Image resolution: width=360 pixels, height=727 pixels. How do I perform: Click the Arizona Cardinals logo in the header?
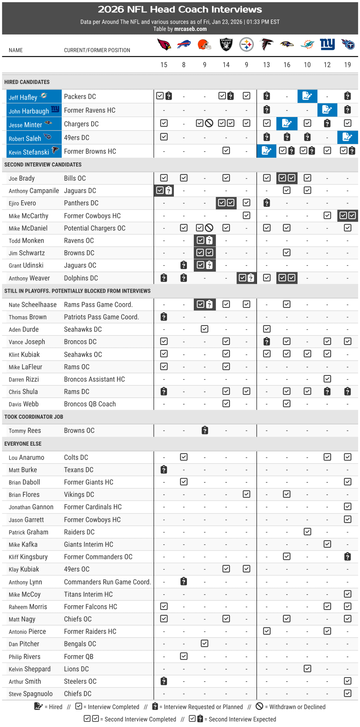(x=164, y=45)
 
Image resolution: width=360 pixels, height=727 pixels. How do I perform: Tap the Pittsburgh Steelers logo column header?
(x=247, y=45)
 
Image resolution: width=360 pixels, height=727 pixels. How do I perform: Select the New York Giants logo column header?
(x=327, y=44)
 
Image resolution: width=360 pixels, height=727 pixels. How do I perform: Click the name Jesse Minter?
(x=25, y=125)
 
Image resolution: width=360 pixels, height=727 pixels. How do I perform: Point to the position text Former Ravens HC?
(x=89, y=110)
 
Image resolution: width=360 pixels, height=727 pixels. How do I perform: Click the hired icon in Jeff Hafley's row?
(x=307, y=96)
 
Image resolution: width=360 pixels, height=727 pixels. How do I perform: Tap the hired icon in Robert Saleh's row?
(x=347, y=137)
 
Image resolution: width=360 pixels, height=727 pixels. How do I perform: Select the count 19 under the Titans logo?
(x=347, y=65)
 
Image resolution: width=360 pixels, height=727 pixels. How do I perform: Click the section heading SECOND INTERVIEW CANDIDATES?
(x=43, y=165)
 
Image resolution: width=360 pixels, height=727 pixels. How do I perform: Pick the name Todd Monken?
(x=26, y=241)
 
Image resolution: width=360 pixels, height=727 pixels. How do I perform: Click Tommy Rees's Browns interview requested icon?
(x=205, y=430)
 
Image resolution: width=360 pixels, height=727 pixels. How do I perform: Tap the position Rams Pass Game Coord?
(x=98, y=305)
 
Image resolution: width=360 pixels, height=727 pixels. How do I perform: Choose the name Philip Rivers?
(x=24, y=656)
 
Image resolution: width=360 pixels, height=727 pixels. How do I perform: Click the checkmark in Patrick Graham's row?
(x=307, y=532)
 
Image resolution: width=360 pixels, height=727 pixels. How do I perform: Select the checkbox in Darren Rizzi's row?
(x=327, y=379)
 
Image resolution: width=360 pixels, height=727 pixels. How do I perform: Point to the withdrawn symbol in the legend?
(x=259, y=706)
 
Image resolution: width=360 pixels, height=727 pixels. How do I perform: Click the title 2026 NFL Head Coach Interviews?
(x=180, y=9)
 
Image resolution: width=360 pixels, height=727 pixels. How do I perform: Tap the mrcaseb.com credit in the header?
(x=190, y=29)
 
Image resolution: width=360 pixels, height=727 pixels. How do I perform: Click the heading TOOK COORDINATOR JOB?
(x=34, y=417)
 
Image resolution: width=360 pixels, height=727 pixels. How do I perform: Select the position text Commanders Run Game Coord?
(x=107, y=582)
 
